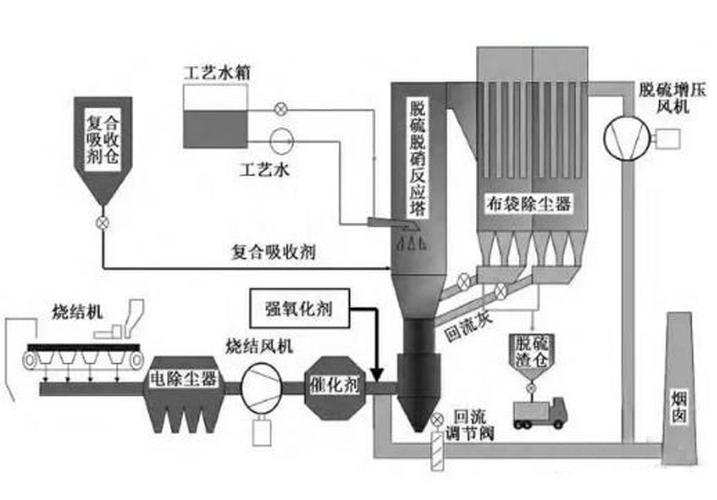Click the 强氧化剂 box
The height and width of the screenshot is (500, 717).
[x=301, y=308]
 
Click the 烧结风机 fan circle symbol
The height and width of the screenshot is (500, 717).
[x=262, y=383]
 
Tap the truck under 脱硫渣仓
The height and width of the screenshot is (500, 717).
[x=539, y=412]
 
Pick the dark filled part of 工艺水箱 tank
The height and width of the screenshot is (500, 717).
[x=219, y=125]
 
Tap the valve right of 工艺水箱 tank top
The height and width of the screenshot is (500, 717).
[x=281, y=103]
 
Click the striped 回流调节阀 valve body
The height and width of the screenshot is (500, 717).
[x=438, y=452]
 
